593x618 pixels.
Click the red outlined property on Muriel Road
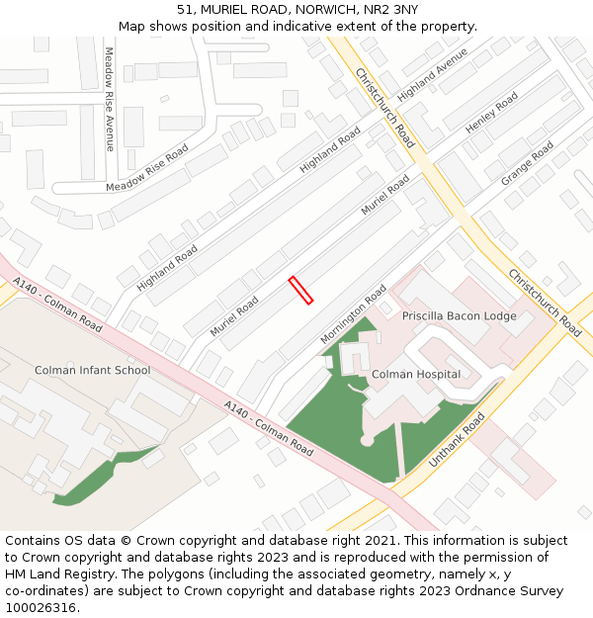pyautogui.click(x=300, y=290)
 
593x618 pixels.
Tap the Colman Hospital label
pyautogui.click(x=415, y=375)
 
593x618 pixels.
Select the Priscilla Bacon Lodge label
pyautogui.click(x=459, y=316)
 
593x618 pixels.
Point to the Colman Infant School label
pyautogui.click(x=92, y=371)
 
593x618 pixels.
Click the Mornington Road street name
pyautogui.click(x=353, y=315)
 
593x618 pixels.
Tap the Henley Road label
pyautogui.click(x=491, y=113)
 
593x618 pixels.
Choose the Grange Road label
pyautogui.click(x=527, y=163)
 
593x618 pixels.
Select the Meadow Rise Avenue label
pyautogui.click(x=109, y=99)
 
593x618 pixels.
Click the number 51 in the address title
pyautogui.click(x=185, y=10)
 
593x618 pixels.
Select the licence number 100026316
pyautogui.click(x=42, y=607)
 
